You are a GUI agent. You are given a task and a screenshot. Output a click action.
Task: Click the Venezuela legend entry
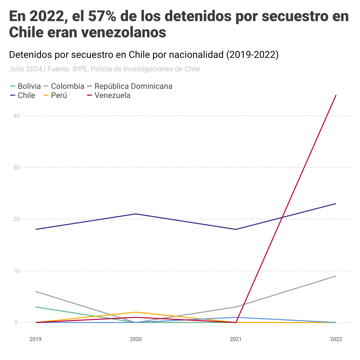coord(112,95)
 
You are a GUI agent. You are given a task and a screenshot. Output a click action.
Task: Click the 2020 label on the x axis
coord(136,339)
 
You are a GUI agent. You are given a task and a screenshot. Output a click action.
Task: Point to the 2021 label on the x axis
coord(236,339)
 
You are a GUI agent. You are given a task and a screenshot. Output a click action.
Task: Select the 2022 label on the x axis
coord(336,339)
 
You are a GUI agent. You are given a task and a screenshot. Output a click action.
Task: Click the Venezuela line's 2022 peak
coord(336,95)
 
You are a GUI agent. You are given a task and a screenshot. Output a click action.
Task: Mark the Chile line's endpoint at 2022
coord(336,204)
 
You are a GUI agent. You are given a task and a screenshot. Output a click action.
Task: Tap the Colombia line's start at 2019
coord(36,291)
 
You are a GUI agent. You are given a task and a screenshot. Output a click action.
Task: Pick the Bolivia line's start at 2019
coord(36,307)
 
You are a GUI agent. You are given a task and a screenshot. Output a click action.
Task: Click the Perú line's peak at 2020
coord(136,312)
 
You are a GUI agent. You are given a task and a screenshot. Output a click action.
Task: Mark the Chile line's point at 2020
coord(136,214)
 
